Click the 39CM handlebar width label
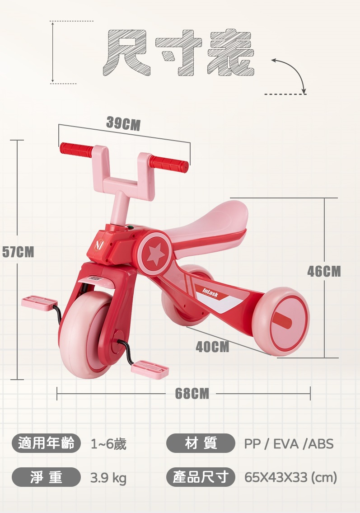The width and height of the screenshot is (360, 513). [x=123, y=124]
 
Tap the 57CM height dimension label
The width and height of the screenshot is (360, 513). [x=18, y=252]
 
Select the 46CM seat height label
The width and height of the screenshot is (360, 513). [x=324, y=271]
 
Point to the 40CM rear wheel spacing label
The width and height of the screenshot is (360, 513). [x=212, y=347]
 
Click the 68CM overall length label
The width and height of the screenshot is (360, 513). [x=192, y=393]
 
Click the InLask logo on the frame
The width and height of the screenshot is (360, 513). [x=210, y=293]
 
